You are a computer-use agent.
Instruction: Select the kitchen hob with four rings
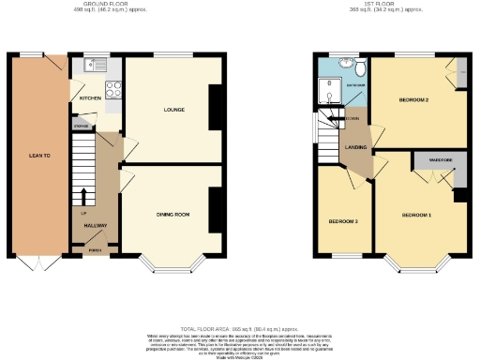(x=114, y=91)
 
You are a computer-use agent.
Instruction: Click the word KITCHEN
(x=90, y=97)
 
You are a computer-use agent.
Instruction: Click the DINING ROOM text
(x=172, y=215)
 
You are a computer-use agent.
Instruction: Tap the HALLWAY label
(x=96, y=226)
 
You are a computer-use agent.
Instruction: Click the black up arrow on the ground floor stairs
(x=85, y=196)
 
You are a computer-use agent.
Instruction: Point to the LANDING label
(x=356, y=147)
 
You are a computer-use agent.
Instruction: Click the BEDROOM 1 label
(x=416, y=215)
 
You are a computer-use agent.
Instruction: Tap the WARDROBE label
(x=440, y=160)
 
